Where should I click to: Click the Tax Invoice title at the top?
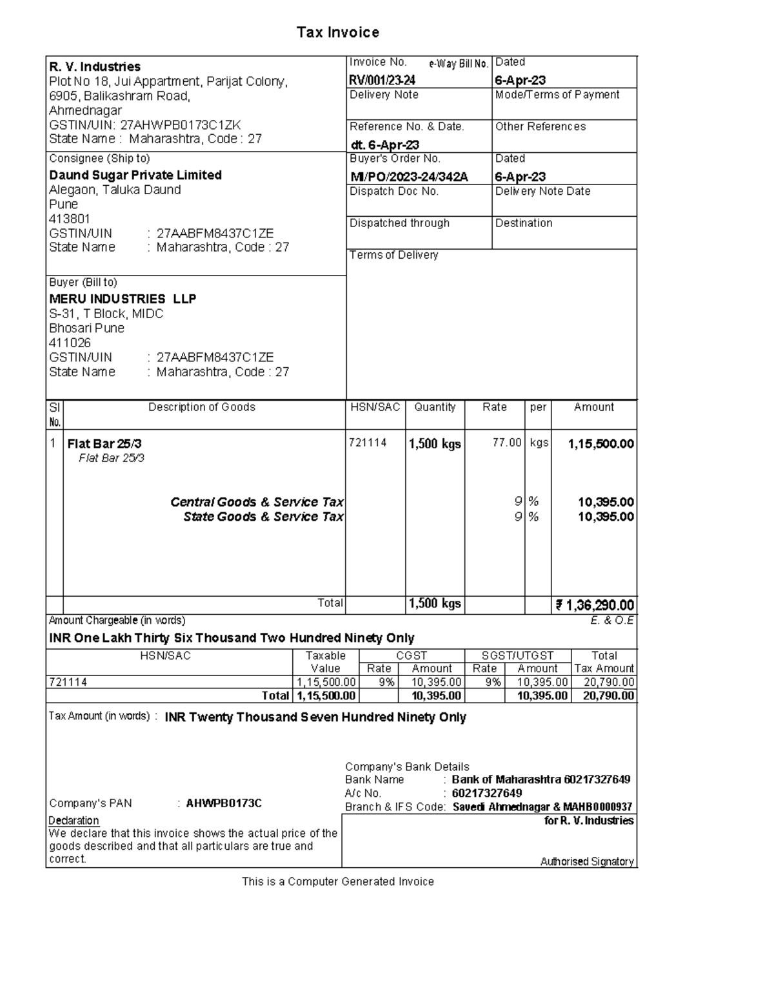(x=337, y=32)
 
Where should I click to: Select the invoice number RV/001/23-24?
(x=382, y=80)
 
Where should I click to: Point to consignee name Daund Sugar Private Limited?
(x=135, y=175)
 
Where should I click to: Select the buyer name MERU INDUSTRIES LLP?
(x=123, y=299)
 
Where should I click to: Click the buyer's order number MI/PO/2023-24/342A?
(x=409, y=177)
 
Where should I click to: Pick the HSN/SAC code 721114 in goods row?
(x=368, y=443)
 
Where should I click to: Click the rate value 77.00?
(x=507, y=443)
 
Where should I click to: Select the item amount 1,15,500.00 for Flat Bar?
(x=600, y=444)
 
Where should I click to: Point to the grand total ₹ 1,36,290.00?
(x=595, y=605)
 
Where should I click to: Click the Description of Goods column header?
(x=202, y=407)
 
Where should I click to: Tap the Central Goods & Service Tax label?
(x=257, y=502)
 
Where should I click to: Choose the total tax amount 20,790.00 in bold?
(x=608, y=696)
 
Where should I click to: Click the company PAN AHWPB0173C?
(x=223, y=803)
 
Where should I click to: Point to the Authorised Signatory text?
(x=586, y=861)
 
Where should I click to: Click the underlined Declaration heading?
(x=74, y=821)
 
